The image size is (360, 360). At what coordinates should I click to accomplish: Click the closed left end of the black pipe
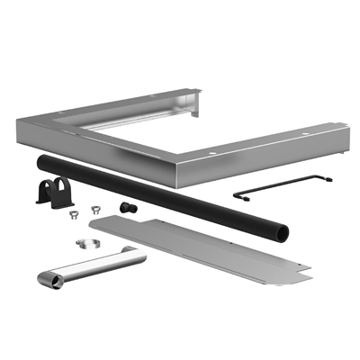[x=41, y=162]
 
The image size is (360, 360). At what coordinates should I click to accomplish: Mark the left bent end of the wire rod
[x=237, y=194]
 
